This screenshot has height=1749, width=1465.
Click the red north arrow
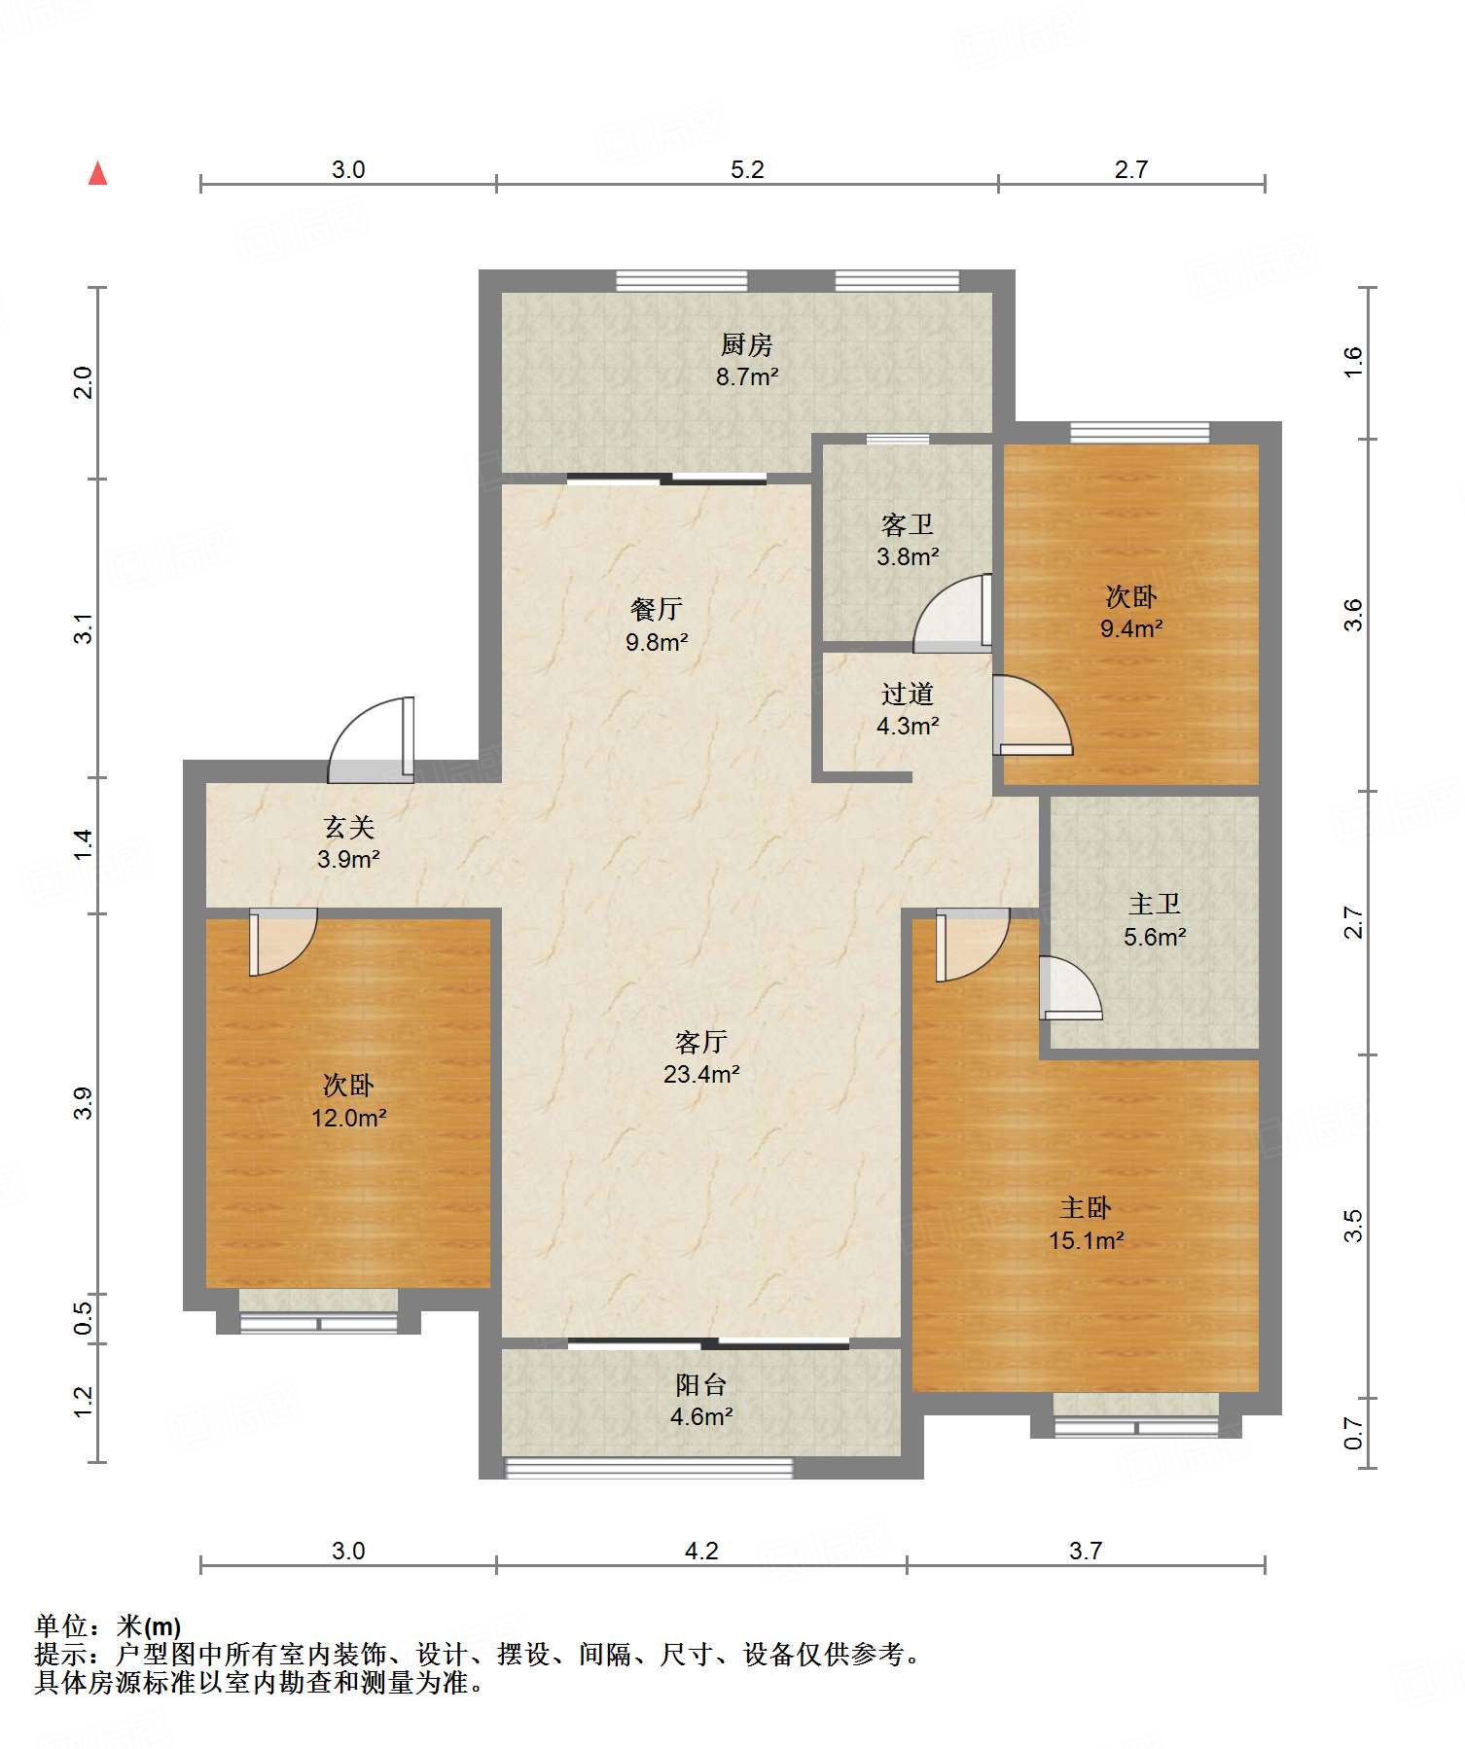(97, 173)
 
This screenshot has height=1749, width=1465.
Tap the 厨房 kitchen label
(746, 345)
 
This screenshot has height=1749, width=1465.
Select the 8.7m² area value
(747, 377)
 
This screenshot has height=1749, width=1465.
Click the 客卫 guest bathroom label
(907, 525)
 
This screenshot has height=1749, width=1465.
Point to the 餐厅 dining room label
(657, 610)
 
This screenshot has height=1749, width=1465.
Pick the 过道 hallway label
(907, 695)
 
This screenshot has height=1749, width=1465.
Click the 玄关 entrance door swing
(372, 740)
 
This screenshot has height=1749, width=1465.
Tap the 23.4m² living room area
(701, 1075)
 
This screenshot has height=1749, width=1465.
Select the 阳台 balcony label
(700, 1385)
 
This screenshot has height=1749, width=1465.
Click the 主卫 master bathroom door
(1070, 988)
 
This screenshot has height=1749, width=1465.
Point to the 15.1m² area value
(1086, 1241)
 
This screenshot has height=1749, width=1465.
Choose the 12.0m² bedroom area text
(348, 1119)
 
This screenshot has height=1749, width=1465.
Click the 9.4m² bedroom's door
(1032, 715)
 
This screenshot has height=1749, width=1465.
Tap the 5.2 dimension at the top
(747, 170)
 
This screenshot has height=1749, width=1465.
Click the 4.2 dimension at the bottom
(701, 1552)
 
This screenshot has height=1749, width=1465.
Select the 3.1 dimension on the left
(84, 628)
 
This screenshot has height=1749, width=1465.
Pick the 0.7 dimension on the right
(1353, 1433)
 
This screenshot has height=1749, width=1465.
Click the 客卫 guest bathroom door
(952, 613)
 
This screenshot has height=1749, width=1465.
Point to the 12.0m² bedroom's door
(283, 942)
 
